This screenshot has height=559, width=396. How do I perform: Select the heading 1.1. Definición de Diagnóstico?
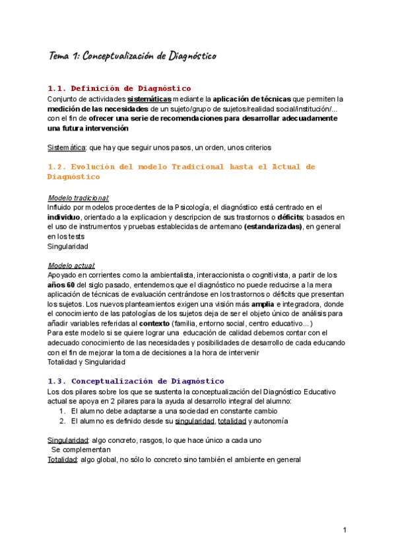[x=119, y=88]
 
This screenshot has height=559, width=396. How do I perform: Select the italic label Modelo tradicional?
[x=79, y=198]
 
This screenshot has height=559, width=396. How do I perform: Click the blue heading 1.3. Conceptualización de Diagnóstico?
[x=136, y=381]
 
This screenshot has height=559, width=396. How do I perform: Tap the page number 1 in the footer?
[x=345, y=531]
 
